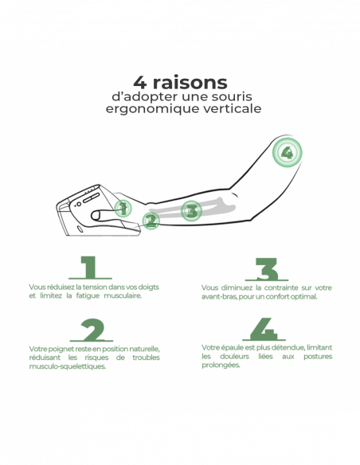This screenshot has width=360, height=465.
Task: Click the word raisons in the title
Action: tap(190, 83)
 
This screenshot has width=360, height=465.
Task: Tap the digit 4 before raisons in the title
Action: tap(140, 83)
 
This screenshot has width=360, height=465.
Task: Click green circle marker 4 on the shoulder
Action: tap(287, 152)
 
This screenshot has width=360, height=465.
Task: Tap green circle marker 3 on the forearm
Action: tap(191, 211)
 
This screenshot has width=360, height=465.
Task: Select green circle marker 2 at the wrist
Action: tap(151, 221)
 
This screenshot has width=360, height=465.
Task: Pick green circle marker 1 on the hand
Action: tap(123, 208)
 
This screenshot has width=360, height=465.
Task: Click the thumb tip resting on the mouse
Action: tap(95, 215)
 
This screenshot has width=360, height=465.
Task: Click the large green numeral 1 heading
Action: tap(90, 268)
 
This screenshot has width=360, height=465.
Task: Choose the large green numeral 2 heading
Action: tap(92, 330)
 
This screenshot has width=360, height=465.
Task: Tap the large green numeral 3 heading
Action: tap(267, 269)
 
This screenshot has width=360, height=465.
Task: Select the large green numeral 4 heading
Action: tap(264, 329)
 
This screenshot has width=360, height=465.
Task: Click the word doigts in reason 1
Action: tap(149, 287)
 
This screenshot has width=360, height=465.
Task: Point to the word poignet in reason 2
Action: tap(61, 349)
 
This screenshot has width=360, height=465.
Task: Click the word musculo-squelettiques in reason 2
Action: tap(68, 366)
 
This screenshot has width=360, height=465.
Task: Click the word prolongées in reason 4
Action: tap(221, 365)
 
